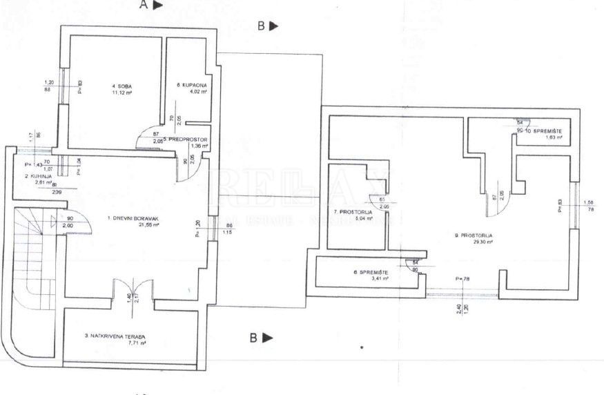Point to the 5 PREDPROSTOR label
coord(186,139)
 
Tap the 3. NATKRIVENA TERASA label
coord(116,336)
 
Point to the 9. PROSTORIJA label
coord(474,235)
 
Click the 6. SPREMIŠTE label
coord(372,272)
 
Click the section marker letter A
coord(144,5)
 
